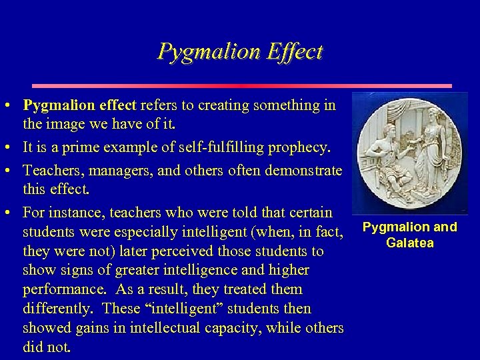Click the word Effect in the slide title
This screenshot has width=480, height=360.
[x=295, y=52]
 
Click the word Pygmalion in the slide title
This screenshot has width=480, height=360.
[x=208, y=52]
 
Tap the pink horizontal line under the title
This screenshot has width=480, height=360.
[x=242, y=86]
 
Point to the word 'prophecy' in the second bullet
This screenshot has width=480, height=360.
[x=309, y=147]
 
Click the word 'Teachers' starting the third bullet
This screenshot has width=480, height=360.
[x=51, y=171]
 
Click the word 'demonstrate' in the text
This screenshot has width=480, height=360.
[x=304, y=171]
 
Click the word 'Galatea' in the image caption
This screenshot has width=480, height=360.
[x=410, y=243]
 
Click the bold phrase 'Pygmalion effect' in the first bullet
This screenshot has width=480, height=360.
[x=79, y=105]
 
